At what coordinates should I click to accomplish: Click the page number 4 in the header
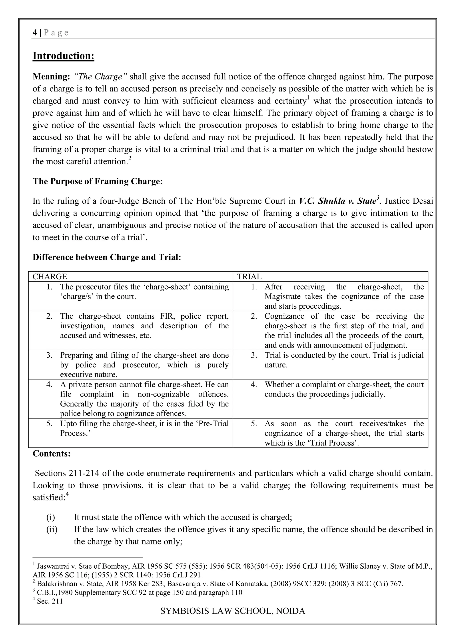(35, 33)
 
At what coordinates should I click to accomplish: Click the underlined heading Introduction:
(63, 56)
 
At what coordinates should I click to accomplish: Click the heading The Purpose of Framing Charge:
(98, 181)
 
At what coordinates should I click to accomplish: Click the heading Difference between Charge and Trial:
(107, 257)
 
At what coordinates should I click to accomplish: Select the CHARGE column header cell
(131, 276)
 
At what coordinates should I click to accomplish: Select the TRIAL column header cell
(330, 276)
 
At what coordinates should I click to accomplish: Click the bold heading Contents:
(52, 453)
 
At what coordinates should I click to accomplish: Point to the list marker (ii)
(52, 529)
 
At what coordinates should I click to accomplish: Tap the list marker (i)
(50, 517)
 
